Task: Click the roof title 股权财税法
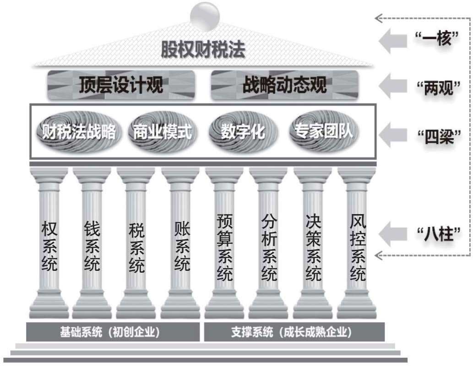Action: (203, 49)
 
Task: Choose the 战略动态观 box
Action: (284, 85)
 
